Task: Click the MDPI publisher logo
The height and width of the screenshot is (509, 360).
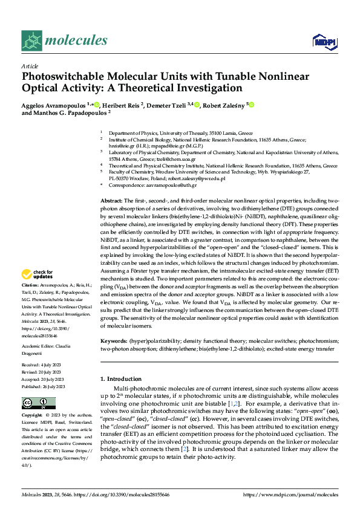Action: pos(323,41)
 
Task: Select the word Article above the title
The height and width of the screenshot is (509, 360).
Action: pos(30,66)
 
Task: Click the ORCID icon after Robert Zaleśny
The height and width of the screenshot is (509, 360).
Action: pos(251,105)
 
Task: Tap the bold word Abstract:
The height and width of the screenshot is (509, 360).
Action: pos(111,200)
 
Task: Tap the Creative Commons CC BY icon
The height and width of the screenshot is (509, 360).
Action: pos(34,402)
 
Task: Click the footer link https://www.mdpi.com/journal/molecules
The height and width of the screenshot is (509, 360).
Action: pos(290,494)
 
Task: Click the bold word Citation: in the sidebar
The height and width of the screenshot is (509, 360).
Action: pos(30,284)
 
